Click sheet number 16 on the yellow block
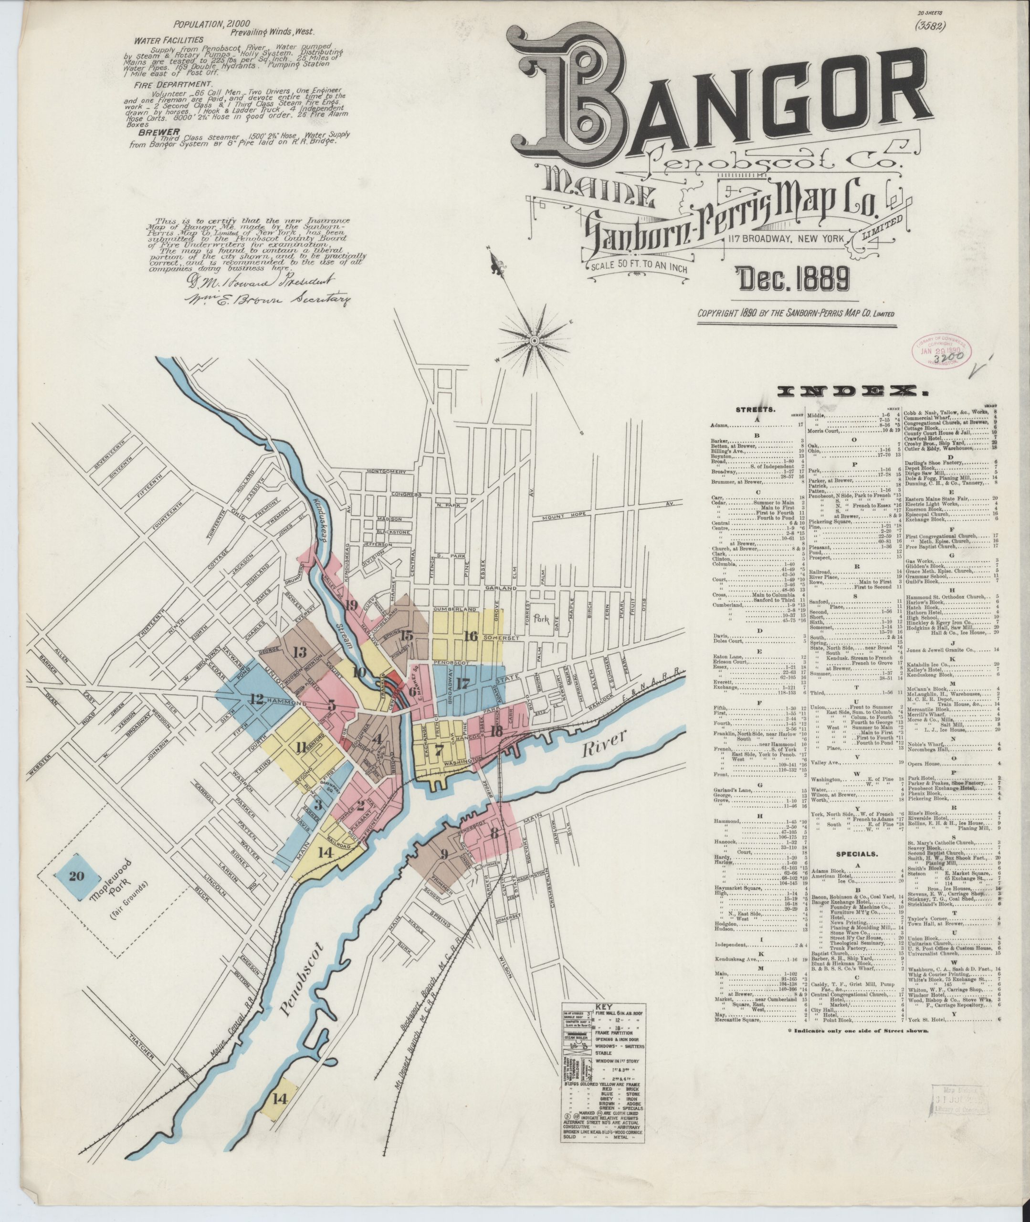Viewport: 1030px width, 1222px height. point(471,636)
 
